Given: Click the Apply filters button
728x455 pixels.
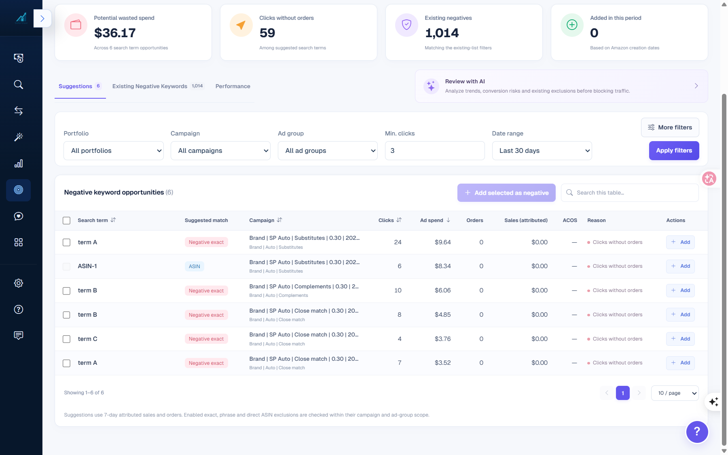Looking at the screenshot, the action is pos(674,150).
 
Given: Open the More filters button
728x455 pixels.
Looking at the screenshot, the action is pos(670,127).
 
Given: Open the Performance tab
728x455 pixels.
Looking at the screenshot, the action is pos(233,86).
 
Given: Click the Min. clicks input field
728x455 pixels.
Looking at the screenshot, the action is pos(435,150).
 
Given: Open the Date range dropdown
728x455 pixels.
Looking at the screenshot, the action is pos(542,150).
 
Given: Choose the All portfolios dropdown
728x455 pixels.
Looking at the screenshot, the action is pos(114,150).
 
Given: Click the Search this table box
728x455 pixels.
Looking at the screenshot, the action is pos(630,193).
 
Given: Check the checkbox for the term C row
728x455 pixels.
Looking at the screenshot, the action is pos(67,339).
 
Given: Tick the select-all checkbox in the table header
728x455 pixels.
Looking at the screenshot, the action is pos(67,220).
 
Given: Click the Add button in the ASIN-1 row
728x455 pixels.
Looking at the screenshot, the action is pos(680,266).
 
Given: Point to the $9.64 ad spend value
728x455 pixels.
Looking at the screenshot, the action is pos(442,242).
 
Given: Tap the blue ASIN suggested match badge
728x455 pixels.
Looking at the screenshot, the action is pos(195,266).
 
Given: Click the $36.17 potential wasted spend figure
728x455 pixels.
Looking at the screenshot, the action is pos(115,33).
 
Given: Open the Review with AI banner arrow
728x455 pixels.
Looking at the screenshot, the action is pos(696,86).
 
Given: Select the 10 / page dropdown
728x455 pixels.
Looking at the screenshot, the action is pos(675,393).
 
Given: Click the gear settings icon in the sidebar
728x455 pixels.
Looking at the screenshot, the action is pos(19,283).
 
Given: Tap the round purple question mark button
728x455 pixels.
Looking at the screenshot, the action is pos(697,432).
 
